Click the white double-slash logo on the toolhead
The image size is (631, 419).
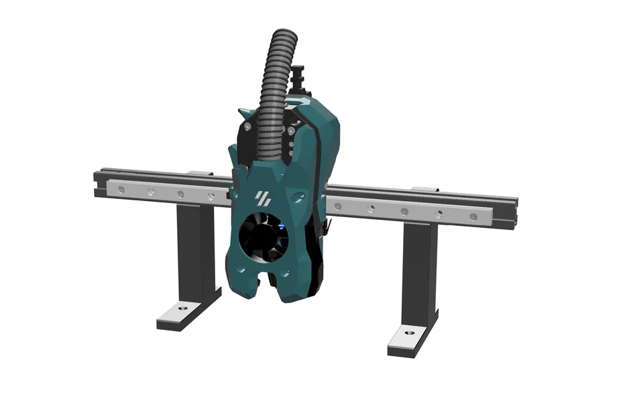tap(262, 198)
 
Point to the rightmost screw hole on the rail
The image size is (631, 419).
tap(473, 217)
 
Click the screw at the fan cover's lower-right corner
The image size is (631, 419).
tap(286, 274)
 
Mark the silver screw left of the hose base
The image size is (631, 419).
tap(248, 125)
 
